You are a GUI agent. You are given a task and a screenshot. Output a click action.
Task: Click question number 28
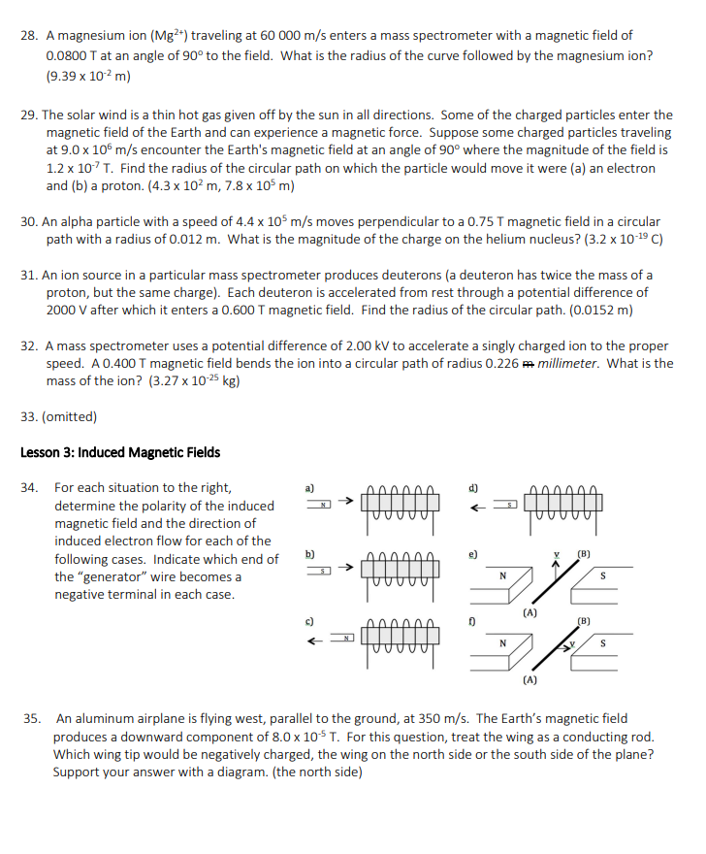click(29, 36)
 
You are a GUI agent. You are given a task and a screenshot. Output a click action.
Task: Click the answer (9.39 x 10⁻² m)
click(88, 75)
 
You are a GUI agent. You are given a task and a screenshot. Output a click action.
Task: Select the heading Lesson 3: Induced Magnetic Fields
click(120, 452)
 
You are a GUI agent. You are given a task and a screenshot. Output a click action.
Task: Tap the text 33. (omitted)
click(58, 417)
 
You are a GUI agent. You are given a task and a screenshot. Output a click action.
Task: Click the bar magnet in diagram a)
click(319, 504)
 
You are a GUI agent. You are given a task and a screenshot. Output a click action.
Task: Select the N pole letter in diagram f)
click(502, 642)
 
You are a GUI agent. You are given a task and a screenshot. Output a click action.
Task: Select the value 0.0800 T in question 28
click(74, 55)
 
